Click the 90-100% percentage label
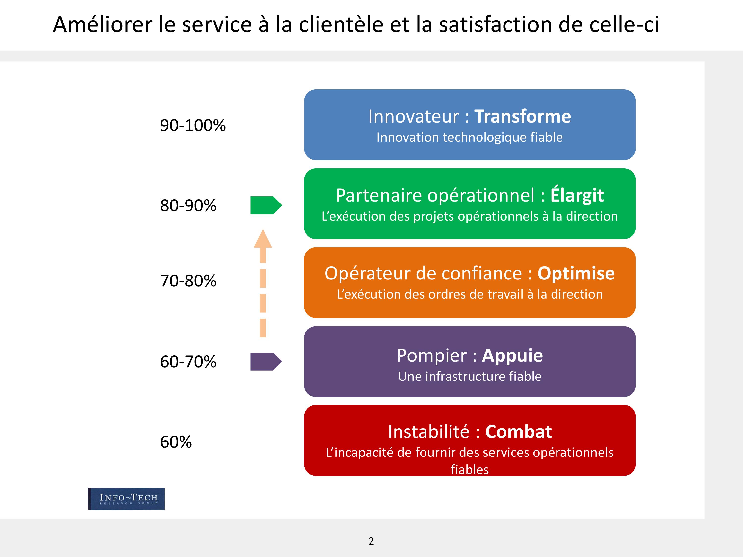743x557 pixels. pyautogui.click(x=193, y=125)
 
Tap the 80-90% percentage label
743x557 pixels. pyautogui.click(x=188, y=205)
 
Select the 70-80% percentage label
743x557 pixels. pyautogui.click(x=188, y=281)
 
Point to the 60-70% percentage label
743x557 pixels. pyautogui.click(x=188, y=362)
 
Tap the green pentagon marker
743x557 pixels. pyautogui.click(x=266, y=205)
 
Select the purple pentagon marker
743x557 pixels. pyautogui.click(x=266, y=362)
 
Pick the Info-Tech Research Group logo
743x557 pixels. pyautogui.click(x=126, y=499)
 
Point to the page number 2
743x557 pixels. pyautogui.click(x=371, y=541)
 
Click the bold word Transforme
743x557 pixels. pyautogui.click(x=522, y=117)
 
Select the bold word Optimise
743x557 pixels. pyautogui.click(x=576, y=274)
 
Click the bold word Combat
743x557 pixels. pyautogui.click(x=519, y=432)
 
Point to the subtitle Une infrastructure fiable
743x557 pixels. pyautogui.click(x=470, y=376)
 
